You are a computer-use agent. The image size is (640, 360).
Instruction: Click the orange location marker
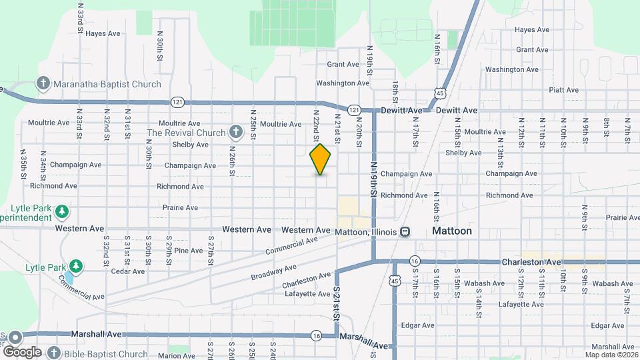321,159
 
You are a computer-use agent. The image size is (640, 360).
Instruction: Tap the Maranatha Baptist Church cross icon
43,84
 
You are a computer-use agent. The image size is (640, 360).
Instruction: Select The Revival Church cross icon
235,132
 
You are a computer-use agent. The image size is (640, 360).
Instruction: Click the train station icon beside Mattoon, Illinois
405,232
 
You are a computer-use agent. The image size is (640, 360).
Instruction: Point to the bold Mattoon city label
452,231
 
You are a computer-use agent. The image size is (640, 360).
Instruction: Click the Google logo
21,352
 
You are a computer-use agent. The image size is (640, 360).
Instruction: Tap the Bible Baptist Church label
105,354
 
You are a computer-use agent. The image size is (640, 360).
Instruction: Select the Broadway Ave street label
274,272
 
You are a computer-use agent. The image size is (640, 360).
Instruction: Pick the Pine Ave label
188,251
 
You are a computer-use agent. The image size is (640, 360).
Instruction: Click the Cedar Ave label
129,271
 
